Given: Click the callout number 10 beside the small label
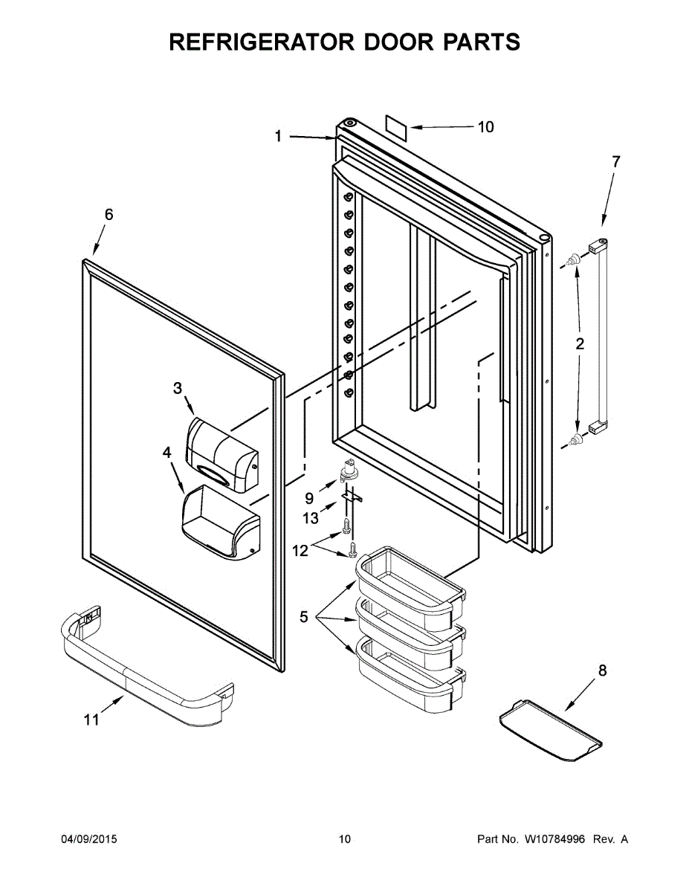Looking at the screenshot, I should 485,127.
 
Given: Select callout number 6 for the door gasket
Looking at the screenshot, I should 109,215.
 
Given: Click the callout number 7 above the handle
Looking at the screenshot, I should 615,161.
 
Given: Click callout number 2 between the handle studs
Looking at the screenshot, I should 580,343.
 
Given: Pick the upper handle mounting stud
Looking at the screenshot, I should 573,260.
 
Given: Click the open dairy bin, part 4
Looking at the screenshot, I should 220,523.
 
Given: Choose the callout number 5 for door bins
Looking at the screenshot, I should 303,617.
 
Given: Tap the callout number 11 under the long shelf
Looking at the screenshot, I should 91,720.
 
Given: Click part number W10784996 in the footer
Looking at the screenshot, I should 554,839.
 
